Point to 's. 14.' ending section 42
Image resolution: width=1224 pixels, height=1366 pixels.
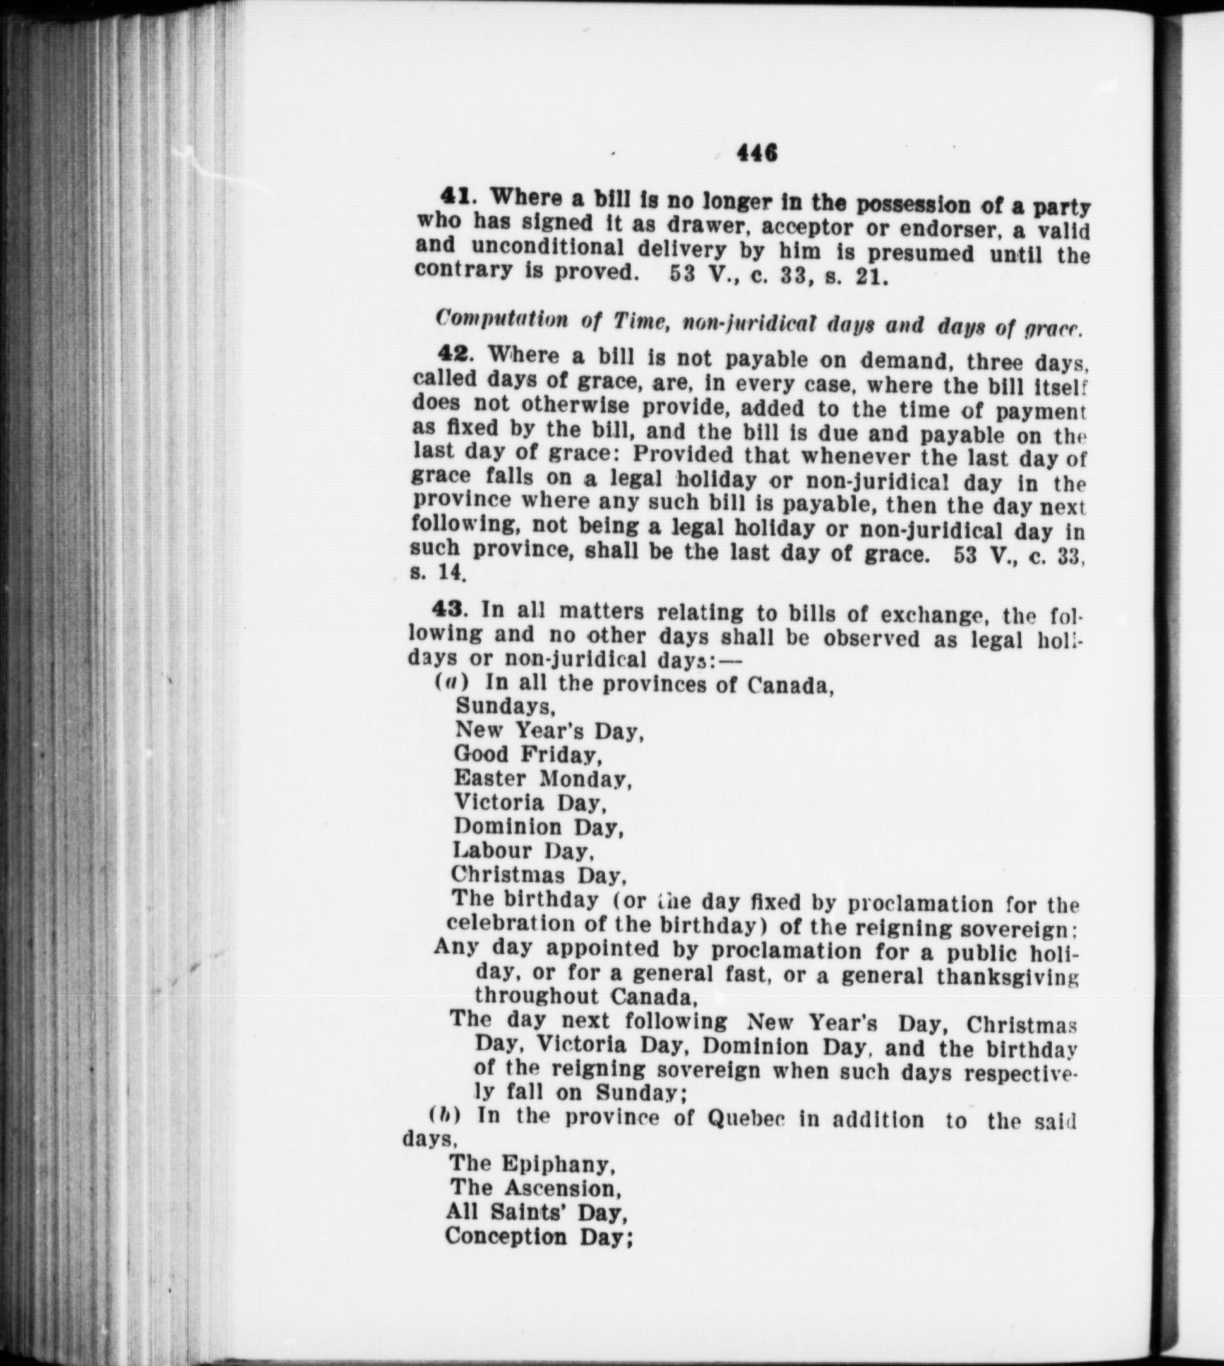(438, 572)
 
